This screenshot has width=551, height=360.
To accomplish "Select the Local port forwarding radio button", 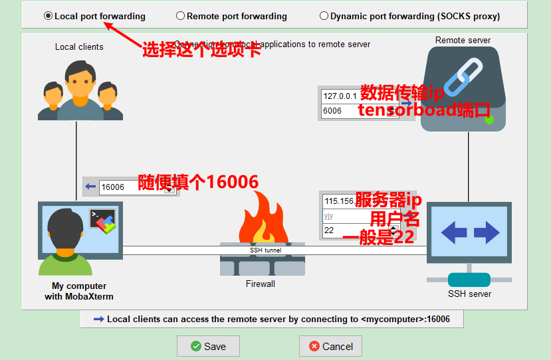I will point(49,16).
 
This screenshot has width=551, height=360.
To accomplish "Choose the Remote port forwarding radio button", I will point(181,16).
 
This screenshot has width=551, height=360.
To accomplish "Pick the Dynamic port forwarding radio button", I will point(324,16).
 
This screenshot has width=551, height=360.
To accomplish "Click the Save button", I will point(208,346).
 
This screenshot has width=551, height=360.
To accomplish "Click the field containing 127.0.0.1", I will point(340,96).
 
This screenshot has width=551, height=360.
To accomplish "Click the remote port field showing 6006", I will point(340,111).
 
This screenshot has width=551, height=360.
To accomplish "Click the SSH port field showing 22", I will point(352,230).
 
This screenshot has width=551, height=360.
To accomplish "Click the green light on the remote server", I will point(489,120).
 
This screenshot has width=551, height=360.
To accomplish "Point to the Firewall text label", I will point(260,284).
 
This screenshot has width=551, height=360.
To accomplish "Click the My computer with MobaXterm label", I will point(79,292).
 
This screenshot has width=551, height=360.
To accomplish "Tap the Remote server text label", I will point(463,41).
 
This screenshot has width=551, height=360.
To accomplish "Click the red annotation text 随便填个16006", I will point(198,182).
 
